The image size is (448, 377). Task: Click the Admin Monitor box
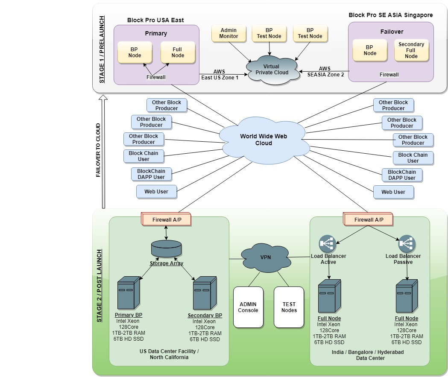(228, 33)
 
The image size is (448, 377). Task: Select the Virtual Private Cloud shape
(271, 70)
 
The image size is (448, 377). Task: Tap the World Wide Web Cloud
(264, 139)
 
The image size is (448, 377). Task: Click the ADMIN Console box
(248, 307)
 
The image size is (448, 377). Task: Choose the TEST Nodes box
(289, 307)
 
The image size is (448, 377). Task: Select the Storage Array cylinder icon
(166, 248)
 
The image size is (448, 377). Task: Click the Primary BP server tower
(129, 293)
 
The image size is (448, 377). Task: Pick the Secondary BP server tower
(205, 293)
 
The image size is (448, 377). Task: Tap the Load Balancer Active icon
(328, 244)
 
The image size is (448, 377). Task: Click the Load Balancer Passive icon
(407, 244)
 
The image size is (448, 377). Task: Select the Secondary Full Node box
(411, 50)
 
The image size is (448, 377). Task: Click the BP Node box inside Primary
(135, 53)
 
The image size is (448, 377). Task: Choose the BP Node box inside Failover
(370, 50)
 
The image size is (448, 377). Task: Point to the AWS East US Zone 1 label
(220, 75)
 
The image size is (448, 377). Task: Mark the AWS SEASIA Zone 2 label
(325, 71)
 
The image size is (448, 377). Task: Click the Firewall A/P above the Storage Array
(166, 220)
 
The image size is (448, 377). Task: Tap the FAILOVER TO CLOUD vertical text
(98, 150)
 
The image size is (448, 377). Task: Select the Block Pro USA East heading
(155, 20)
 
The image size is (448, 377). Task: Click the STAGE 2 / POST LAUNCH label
(99, 286)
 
